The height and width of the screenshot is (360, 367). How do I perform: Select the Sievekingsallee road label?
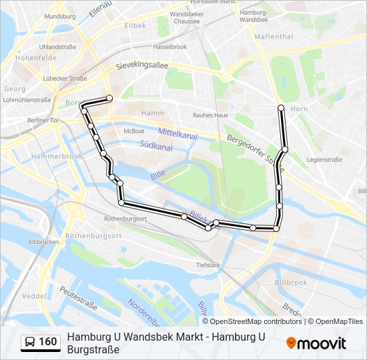(x=142, y=66)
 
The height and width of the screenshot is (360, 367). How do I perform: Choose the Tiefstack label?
(x=208, y=264)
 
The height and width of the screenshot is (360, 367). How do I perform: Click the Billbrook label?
(x=290, y=283)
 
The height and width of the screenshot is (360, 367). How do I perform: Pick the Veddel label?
(x=33, y=295)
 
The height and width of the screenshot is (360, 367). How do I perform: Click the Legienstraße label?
(x=324, y=160)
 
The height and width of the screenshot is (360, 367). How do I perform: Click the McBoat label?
(x=133, y=131)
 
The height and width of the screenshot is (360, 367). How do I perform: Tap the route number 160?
(x=48, y=342)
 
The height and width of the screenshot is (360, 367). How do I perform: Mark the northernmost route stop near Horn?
(x=281, y=107)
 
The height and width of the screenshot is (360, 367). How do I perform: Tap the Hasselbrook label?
(x=169, y=47)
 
